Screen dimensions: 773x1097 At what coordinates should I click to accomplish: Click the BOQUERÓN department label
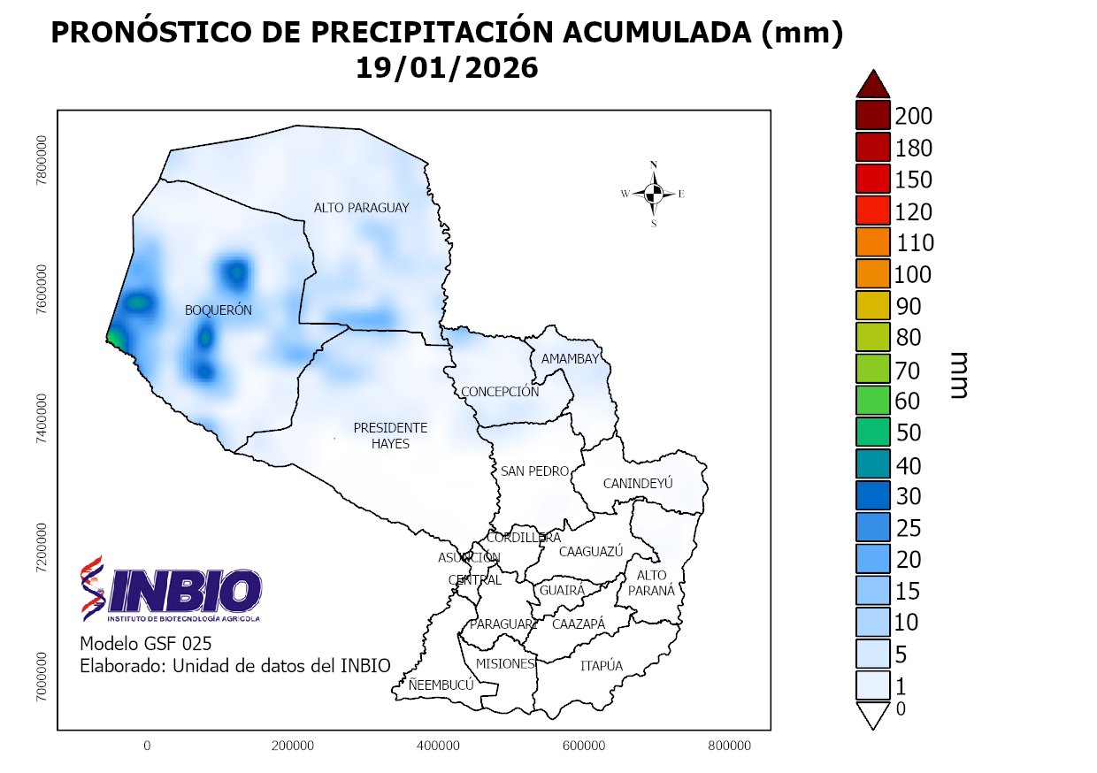[219, 310]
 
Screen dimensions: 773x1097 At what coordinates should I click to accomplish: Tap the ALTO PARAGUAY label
[362, 208]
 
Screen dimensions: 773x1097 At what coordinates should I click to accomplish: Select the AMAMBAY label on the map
[571, 359]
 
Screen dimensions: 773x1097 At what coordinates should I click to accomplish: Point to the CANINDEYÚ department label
[638, 484]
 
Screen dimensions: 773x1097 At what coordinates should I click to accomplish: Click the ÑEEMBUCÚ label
[441, 685]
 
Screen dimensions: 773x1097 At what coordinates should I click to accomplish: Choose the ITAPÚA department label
[602, 666]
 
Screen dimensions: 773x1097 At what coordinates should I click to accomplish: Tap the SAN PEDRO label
[534, 471]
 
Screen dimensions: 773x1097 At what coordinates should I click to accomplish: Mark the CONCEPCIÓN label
[499, 392]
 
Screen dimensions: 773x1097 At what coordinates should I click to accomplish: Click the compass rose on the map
[654, 194]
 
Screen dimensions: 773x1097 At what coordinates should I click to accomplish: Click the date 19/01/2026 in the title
[447, 68]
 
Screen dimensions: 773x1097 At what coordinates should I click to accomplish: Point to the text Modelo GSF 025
[146, 643]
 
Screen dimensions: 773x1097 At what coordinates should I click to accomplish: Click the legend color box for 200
[872, 116]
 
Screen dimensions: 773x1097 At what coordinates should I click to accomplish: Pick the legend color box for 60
[872, 402]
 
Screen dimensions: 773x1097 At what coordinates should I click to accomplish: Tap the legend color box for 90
[872, 307]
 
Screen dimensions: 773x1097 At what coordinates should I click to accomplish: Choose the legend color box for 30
[872, 496]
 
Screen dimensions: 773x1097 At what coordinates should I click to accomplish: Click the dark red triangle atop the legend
[872, 84]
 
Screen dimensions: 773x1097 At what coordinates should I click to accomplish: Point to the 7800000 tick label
[41, 160]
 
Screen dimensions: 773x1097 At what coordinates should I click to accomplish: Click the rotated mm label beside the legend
[958, 374]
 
